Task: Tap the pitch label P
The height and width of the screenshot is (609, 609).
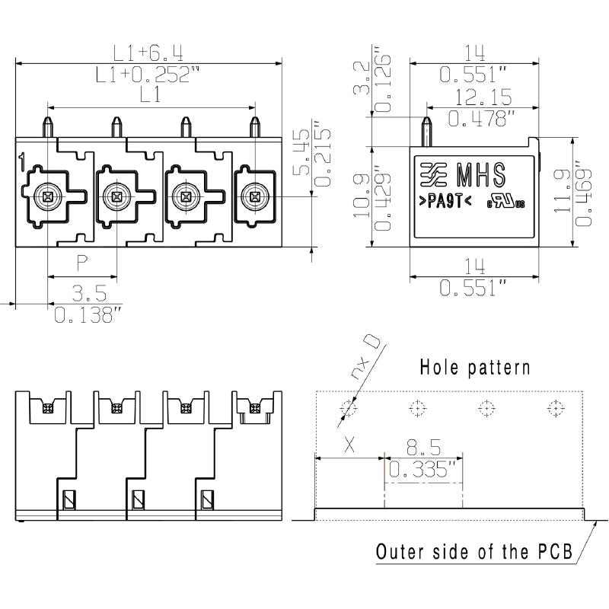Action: click(82, 263)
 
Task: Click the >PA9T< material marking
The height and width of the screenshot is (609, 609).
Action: click(446, 202)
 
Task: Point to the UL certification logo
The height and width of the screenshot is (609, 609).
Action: click(507, 202)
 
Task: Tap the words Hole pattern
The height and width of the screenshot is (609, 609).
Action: click(475, 368)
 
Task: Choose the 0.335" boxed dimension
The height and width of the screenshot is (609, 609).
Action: click(422, 470)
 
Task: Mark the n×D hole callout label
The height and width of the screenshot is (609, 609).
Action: click(365, 358)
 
